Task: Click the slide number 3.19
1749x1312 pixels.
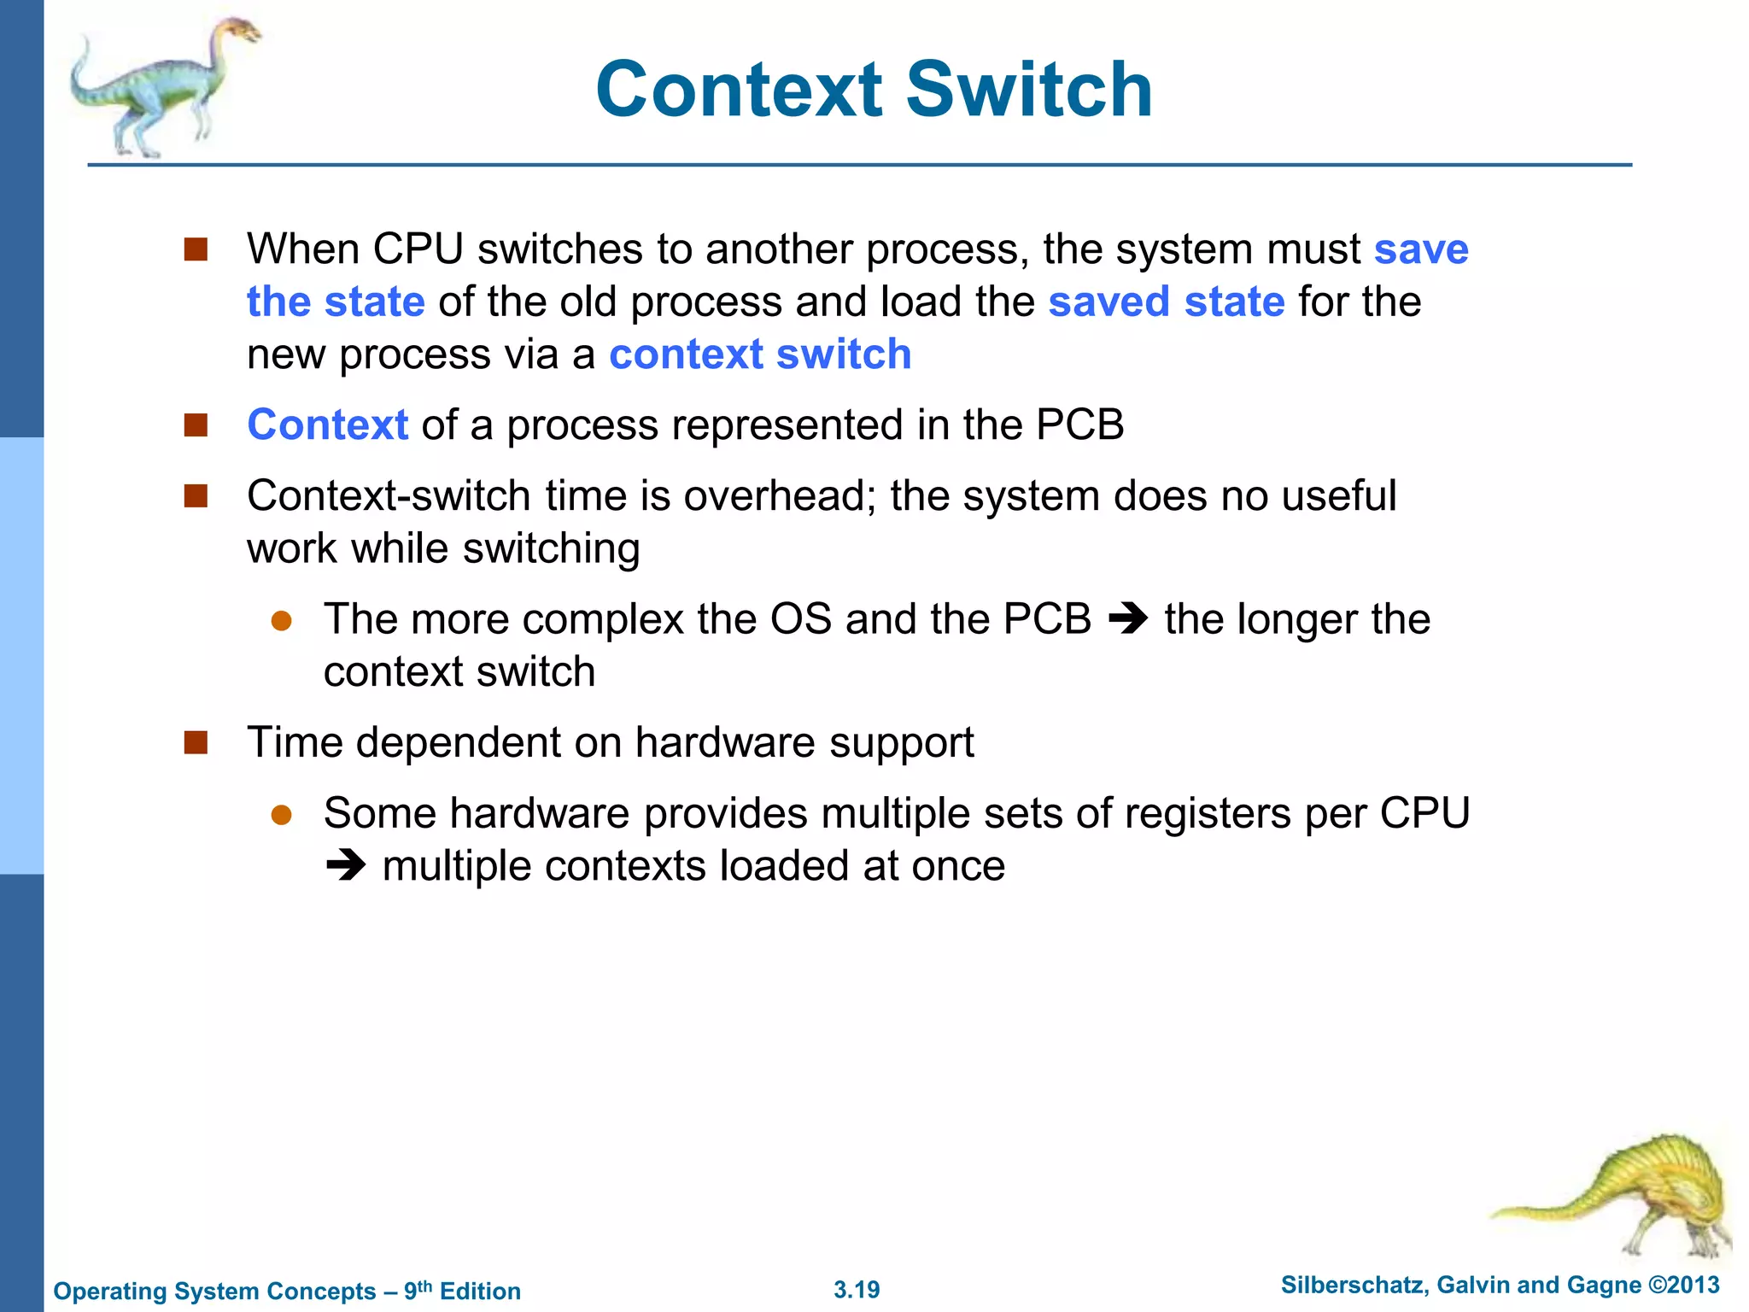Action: coord(857,1290)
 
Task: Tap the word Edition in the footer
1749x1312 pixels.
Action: coord(480,1291)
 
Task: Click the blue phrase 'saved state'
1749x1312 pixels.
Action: coord(1166,302)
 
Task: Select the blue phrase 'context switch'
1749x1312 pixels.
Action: coord(760,354)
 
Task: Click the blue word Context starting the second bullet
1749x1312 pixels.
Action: coord(328,425)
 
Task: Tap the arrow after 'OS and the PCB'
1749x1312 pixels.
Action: coord(1127,619)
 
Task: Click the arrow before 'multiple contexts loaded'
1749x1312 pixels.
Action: coord(346,866)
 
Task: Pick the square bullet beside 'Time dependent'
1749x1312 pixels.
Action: coord(196,742)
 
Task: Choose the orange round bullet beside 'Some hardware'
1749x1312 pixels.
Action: coord(282,814)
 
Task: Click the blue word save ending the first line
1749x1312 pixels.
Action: coord(1421,249)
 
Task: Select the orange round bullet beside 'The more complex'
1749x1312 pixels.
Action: coord(282,620)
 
